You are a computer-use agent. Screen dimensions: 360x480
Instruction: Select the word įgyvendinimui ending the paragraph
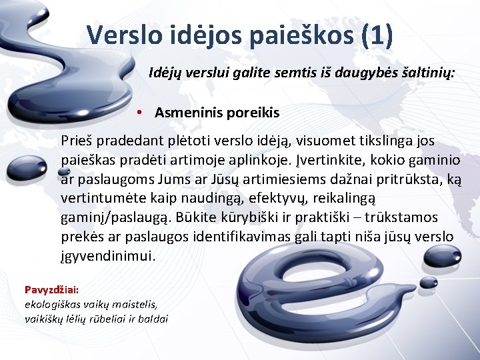pos(107,255)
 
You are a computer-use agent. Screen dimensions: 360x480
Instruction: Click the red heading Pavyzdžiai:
pos(52,289)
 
